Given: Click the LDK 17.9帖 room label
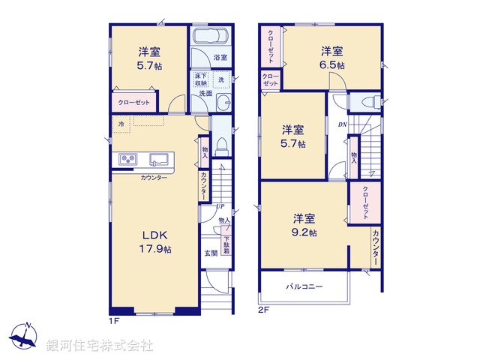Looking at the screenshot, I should click(x=154, y=242).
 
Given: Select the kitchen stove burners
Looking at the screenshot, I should click(x=125, y=159).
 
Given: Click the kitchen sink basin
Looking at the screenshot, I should click(x=160, y=159).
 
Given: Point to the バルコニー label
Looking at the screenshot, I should click(x=304, y=286).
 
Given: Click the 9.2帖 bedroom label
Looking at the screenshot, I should click(x=304, y=225).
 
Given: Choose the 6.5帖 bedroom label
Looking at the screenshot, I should click(x=333, y=58).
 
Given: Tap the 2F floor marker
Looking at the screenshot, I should click(x=263, y=308).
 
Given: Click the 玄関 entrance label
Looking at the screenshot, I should click(x=211, y=253).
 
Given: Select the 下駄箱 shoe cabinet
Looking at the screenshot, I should click(x=226, y=246).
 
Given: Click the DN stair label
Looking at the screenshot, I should click(x=342, y=124).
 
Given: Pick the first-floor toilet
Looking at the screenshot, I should click(x=223, y=145).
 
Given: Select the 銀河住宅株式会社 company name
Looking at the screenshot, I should click(x=100, y=346).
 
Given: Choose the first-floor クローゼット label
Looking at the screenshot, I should click(x=133, y=102).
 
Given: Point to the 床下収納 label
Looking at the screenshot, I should click(x=200, y=80).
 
